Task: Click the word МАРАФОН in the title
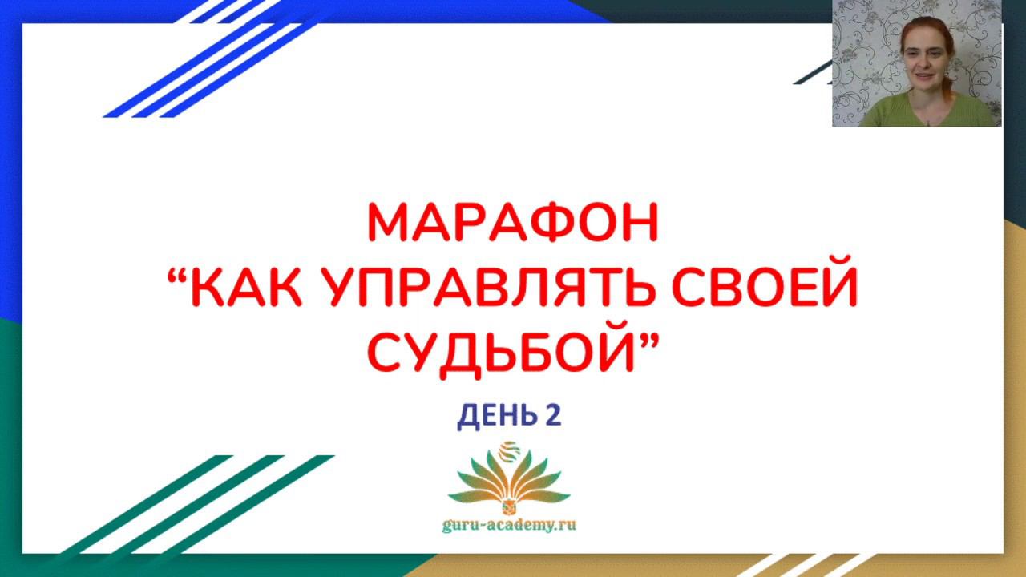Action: [x=513, y=223]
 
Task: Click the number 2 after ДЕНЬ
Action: [x=553, y=415]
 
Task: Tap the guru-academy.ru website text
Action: [x=509, y=525]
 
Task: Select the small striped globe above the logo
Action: [x=508, y=451]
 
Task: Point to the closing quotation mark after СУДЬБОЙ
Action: [x=648, y=341]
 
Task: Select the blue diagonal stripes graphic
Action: [x=201, y=59]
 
